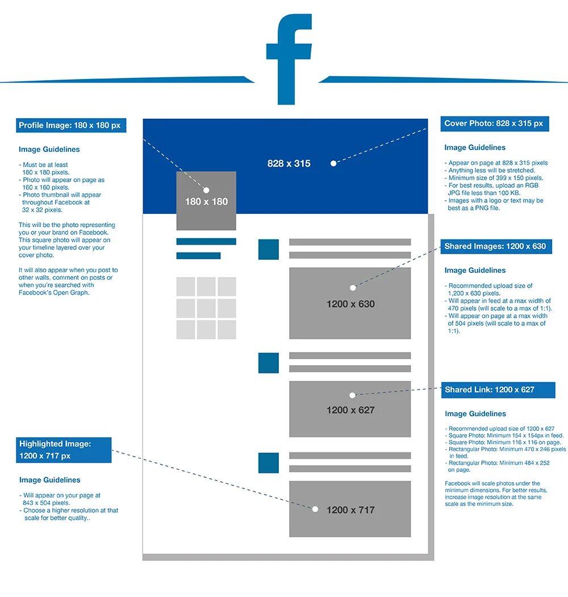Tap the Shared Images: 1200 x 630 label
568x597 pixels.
pos(495,246)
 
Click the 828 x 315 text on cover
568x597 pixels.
pos(289,164)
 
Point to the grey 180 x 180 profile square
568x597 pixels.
pos(206,201)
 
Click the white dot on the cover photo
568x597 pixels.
pos(333,163)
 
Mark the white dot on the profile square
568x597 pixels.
pos(206,190)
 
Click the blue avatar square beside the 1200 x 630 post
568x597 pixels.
pos(269,250)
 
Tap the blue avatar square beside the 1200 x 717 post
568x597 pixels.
pos(269,463)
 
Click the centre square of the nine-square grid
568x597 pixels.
pos(206,308)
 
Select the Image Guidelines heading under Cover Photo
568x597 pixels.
pos(475,148)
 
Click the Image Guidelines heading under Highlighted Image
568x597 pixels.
pos(50,480)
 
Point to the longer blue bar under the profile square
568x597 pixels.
pos(206,242)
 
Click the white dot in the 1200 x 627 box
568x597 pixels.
pos(352,395)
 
